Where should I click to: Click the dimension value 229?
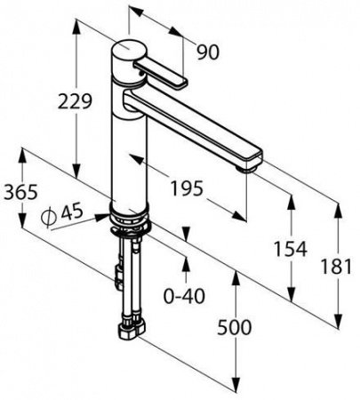75,101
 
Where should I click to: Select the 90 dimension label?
208,52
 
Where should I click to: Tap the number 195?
188,188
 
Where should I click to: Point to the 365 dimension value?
20,192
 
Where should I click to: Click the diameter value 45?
72,212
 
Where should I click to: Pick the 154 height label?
290,248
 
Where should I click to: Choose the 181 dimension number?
336,266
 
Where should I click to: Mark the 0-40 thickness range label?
184,296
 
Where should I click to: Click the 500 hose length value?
235,328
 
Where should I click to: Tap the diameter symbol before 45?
49,217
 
